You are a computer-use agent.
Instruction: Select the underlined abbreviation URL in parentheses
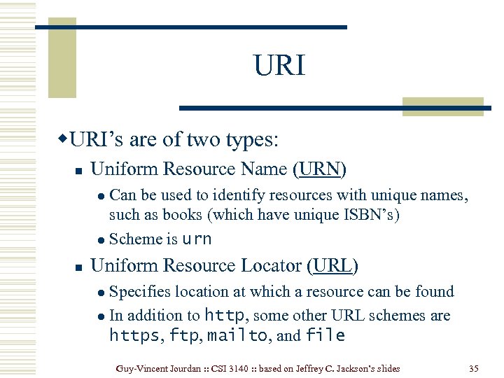point(332,266)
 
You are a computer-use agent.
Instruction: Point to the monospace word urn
point(197,239)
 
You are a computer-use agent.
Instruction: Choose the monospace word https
point(134,336)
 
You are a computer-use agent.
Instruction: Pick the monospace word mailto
point(237,336)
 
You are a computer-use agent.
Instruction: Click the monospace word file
point(325,336)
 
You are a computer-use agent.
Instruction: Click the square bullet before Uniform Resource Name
point(79,170)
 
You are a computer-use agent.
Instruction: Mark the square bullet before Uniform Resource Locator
point(79,267)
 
